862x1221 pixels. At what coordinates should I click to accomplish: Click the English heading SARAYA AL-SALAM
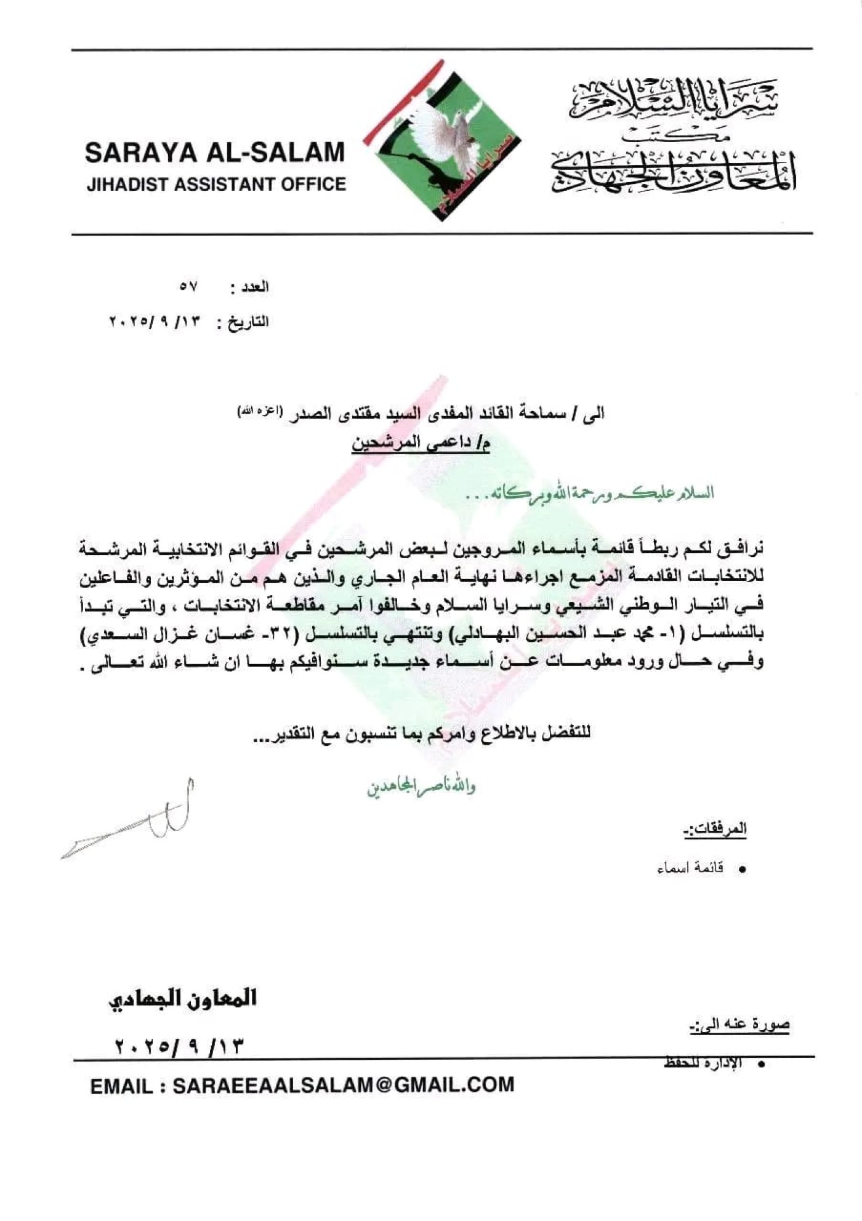215,153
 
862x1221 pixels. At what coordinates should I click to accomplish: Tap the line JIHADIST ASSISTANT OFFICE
216,184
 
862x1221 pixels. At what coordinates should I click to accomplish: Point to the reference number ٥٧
188,287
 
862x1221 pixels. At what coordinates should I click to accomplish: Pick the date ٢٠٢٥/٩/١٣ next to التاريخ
155,321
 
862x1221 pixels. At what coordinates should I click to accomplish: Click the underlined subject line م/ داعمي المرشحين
421,443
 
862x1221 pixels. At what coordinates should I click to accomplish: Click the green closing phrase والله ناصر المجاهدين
422,787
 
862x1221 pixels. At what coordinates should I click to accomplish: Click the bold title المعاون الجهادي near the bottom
183,998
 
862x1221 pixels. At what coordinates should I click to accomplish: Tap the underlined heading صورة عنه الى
739,1025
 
